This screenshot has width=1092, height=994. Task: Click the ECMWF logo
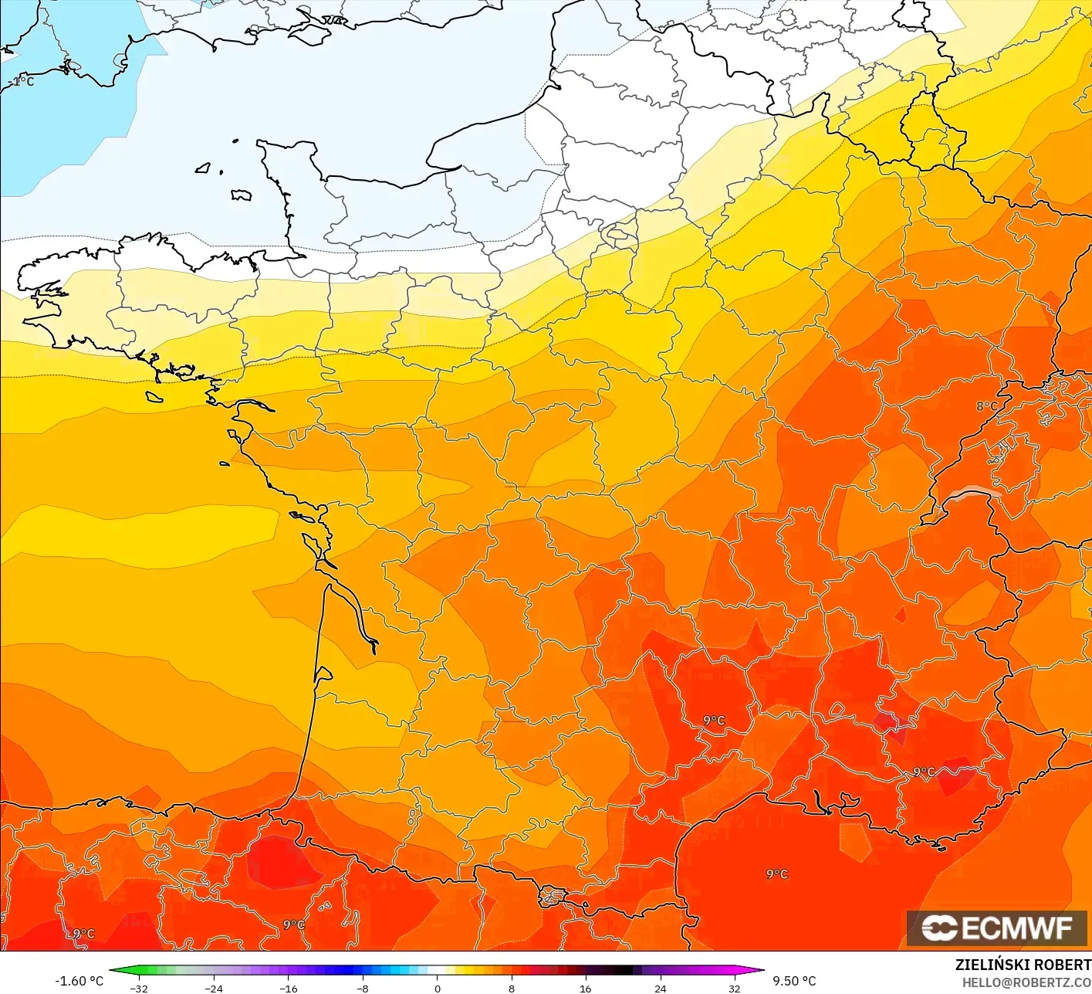(x=997, y=928)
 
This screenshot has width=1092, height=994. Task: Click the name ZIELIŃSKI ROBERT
(x=1023, y=965)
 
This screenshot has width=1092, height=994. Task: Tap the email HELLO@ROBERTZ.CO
(x=1026, y=982)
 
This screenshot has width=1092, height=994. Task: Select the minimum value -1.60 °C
(x=79, y=981)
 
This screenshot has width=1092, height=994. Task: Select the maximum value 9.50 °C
(x=794, y=981)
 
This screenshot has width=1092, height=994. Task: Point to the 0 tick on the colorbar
(x=438, y=988)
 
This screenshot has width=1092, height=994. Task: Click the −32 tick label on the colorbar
(x=139, y=988)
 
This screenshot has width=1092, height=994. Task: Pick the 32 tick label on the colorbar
(x=734, y=988)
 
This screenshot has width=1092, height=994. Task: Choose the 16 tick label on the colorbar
(x=586, y=988)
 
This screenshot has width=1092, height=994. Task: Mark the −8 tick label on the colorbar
(x=362, y=988)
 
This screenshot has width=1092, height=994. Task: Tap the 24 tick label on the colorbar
(x=660, y=988)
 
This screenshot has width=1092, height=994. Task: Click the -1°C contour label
(x=22, y=81)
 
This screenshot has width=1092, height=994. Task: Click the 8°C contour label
(x=987, y=406)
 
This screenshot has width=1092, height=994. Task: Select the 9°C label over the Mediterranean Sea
(x=777, y=874)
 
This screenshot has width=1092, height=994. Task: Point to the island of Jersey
(x=242, y=195)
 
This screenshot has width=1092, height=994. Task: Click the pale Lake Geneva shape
(x=974, y=494)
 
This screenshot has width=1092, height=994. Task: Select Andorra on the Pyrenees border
(x=553, y=896)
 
